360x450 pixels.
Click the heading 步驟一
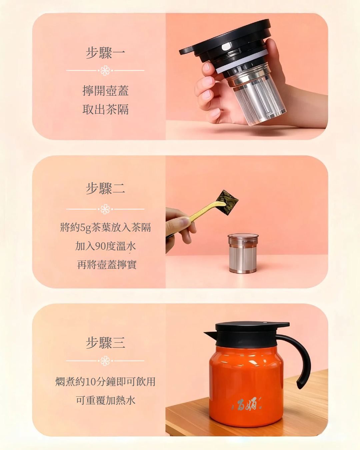[105, 53]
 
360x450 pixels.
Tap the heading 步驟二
[105, 188]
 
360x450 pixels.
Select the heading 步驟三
[105, 343]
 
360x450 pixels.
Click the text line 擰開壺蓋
[105, 91]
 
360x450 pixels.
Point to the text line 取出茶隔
[105, 109]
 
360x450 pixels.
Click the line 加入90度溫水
[105, 246]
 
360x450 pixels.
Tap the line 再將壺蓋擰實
[107, 265]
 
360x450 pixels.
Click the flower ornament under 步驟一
[105, 70]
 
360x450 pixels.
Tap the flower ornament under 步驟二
[105, 209]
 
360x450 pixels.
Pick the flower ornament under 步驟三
[105, 361]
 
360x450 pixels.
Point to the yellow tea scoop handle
[206, 211]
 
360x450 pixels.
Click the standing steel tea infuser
[243, 253]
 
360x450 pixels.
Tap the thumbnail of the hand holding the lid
[206, 67]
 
